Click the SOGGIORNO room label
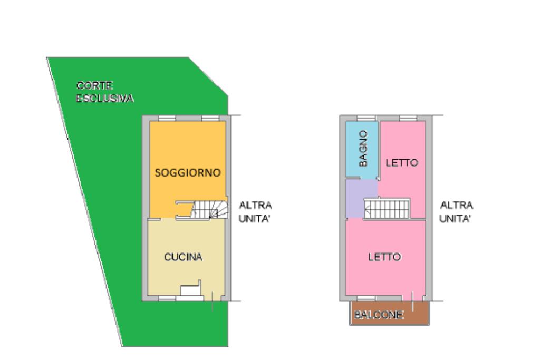pyautogui.click(x=187, y=173)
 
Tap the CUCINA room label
pyautogui.click(x=183, y=257)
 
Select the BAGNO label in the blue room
pyautogui.click(x=362, y=149)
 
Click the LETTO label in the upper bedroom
pyautogui.click(x=402, y=163)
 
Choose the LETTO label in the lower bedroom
pyautogui.click(x=384, y=257)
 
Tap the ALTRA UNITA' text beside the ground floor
pyautogui.click(x=255, y=211)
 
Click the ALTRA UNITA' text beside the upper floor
pyautogui.click(x=457, y=211)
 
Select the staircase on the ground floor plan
pyautogui.click(x=210, y=209)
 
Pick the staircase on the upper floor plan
pyautogui.click(x=388, y=208)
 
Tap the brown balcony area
pyautogui.click(x=389, y=313)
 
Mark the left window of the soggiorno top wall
pyautogui.click(x=167, y=118)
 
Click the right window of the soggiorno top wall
pyautogui.click(x=210, y=118)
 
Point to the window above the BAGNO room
pyautogui.click(x=366, y=118)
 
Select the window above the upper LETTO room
pyautogui.click(x=408, y=118)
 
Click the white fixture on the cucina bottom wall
pyautogui.click(x=189, y=291)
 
